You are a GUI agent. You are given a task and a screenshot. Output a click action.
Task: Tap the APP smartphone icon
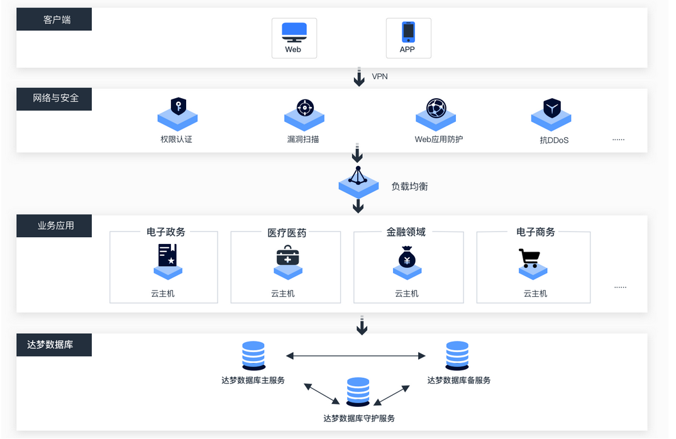click(x=408, y=31)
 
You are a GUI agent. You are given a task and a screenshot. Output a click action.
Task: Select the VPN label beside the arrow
click(x=380, y=76)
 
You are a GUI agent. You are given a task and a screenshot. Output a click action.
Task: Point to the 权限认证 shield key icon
click(x=179, y=106)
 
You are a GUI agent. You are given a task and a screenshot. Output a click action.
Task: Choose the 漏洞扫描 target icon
click(x=305, y=108)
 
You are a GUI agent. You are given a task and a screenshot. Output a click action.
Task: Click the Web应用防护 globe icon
click(x=436, y=108)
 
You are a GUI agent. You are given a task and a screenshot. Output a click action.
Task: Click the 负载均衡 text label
click(x=409, y=186)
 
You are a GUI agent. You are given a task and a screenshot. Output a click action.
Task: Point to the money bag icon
click(x=407, y=257)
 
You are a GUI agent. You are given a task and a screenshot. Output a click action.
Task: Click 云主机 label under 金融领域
click(x=407, y=293)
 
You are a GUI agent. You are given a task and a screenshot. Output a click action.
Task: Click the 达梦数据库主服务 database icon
click(x=253, y=355)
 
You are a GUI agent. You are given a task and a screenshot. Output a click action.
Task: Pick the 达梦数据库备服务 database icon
click(x=457, y=355)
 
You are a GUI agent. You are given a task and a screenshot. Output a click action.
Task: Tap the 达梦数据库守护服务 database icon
click(x=358, y=392)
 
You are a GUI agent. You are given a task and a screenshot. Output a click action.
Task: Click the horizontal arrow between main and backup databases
click(x=356, y=356)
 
